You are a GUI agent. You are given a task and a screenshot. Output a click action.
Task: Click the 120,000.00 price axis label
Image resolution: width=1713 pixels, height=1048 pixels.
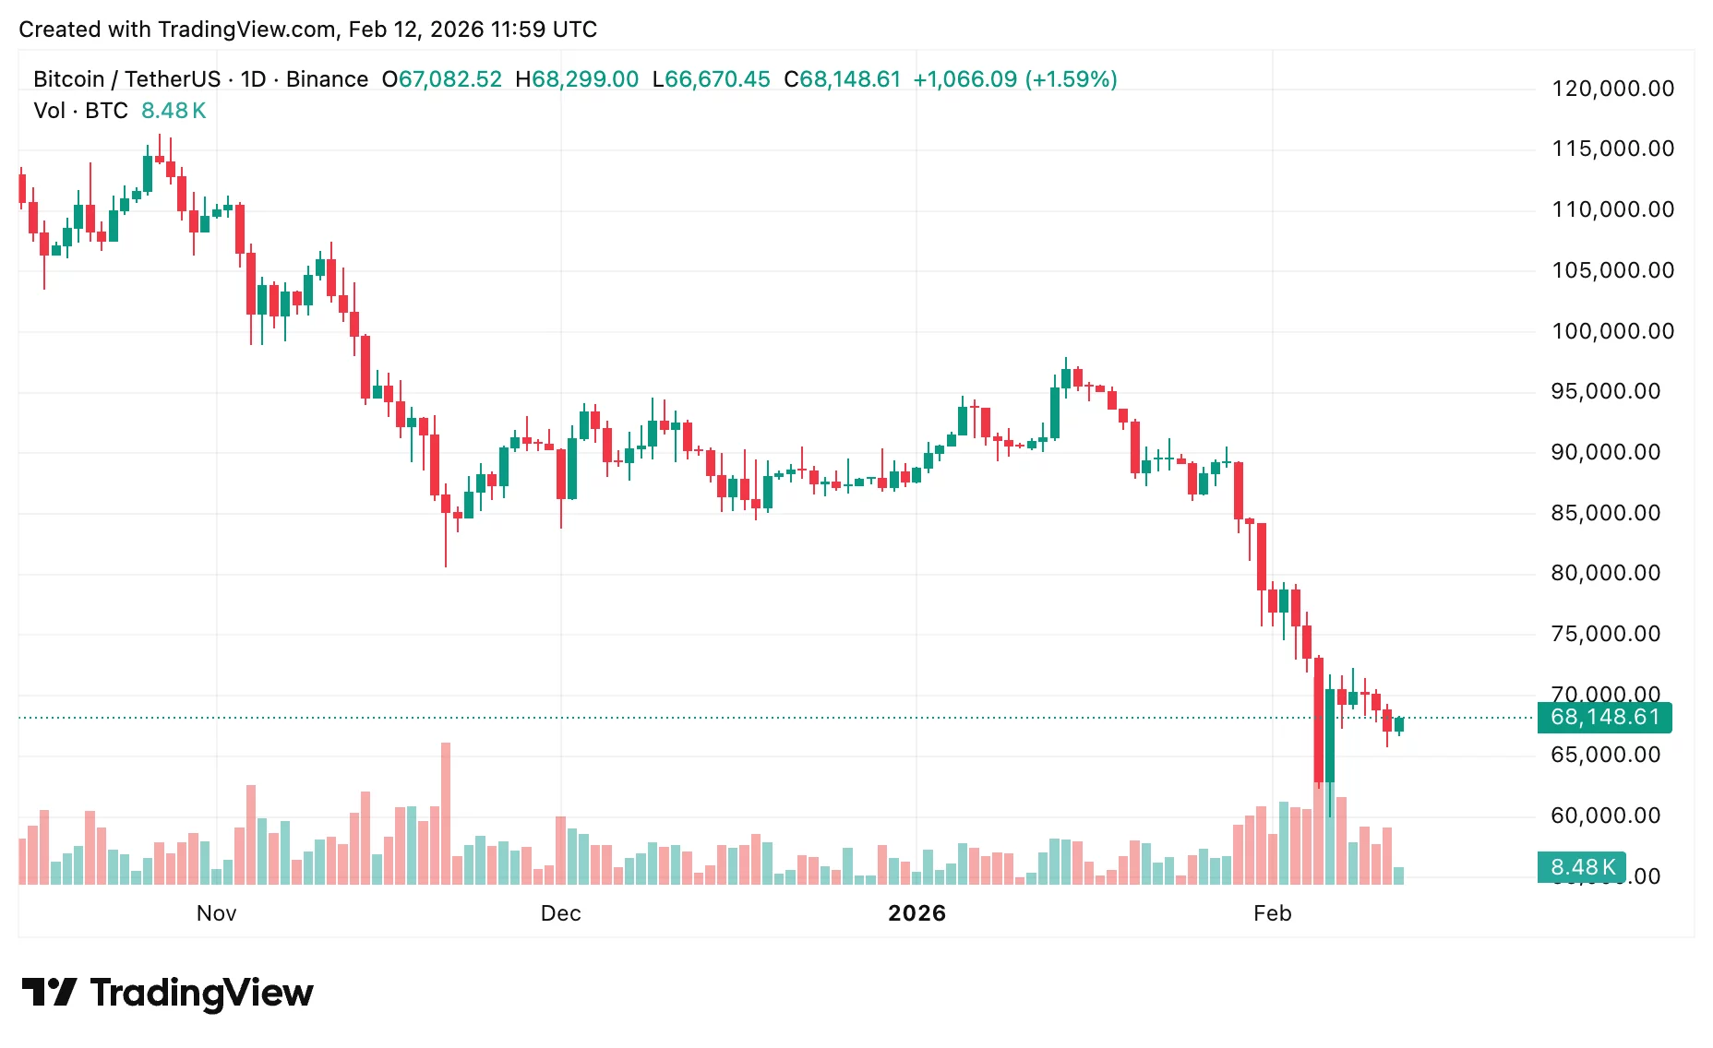click(x=1612, y=89)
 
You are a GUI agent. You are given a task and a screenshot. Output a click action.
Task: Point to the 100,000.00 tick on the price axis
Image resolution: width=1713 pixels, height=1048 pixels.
click(x=1612, y=331)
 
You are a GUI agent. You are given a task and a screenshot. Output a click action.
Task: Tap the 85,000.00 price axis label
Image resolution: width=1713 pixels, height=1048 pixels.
click(x=1605, y=513)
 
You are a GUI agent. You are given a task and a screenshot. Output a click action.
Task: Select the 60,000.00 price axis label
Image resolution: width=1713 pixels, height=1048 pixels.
click(x=1605, y=816)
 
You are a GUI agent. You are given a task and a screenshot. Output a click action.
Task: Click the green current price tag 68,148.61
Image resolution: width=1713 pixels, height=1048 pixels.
click(x=1604, y=717)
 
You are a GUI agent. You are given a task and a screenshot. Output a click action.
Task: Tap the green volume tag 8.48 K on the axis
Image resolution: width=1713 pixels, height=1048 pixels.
click(x=1582, y=867)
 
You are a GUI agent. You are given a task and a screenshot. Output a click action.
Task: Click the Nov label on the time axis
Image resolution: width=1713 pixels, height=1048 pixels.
click(x=216, y=913)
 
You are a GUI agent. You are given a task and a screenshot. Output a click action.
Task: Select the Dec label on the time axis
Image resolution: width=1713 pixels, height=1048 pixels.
click(x=560, y=913)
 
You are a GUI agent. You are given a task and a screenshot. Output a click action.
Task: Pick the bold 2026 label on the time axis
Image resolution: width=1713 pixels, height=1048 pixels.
click(x=916, y=913)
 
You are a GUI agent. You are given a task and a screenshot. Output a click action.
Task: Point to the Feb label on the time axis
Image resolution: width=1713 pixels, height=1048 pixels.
click(x=1272, y=913)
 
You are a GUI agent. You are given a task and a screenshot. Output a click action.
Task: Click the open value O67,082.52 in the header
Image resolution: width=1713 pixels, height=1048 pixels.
click(x=442, y=79)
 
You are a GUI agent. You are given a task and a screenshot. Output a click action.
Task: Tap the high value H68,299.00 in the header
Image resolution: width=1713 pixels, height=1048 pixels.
click(x=577, y=79)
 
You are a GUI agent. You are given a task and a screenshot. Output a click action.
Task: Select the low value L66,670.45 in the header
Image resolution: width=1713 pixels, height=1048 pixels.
click(x=711, y=79)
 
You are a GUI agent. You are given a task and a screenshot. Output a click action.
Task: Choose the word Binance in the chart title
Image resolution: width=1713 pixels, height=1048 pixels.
click(x=327, y=79)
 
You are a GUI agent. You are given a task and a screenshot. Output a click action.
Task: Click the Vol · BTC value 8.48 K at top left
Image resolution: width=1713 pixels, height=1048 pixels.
click(x=174, y=111)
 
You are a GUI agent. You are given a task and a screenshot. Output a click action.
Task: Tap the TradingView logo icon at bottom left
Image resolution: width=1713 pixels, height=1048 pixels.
click(x=49, y=993)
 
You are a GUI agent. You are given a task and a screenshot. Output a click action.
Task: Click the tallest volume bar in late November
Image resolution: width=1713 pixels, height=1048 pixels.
click(x=446, y=812)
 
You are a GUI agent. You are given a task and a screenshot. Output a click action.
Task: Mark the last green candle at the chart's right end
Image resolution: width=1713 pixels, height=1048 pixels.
click(x=1399, y=724)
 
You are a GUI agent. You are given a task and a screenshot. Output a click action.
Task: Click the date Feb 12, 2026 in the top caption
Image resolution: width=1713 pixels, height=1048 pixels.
click(x=416, y=30)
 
